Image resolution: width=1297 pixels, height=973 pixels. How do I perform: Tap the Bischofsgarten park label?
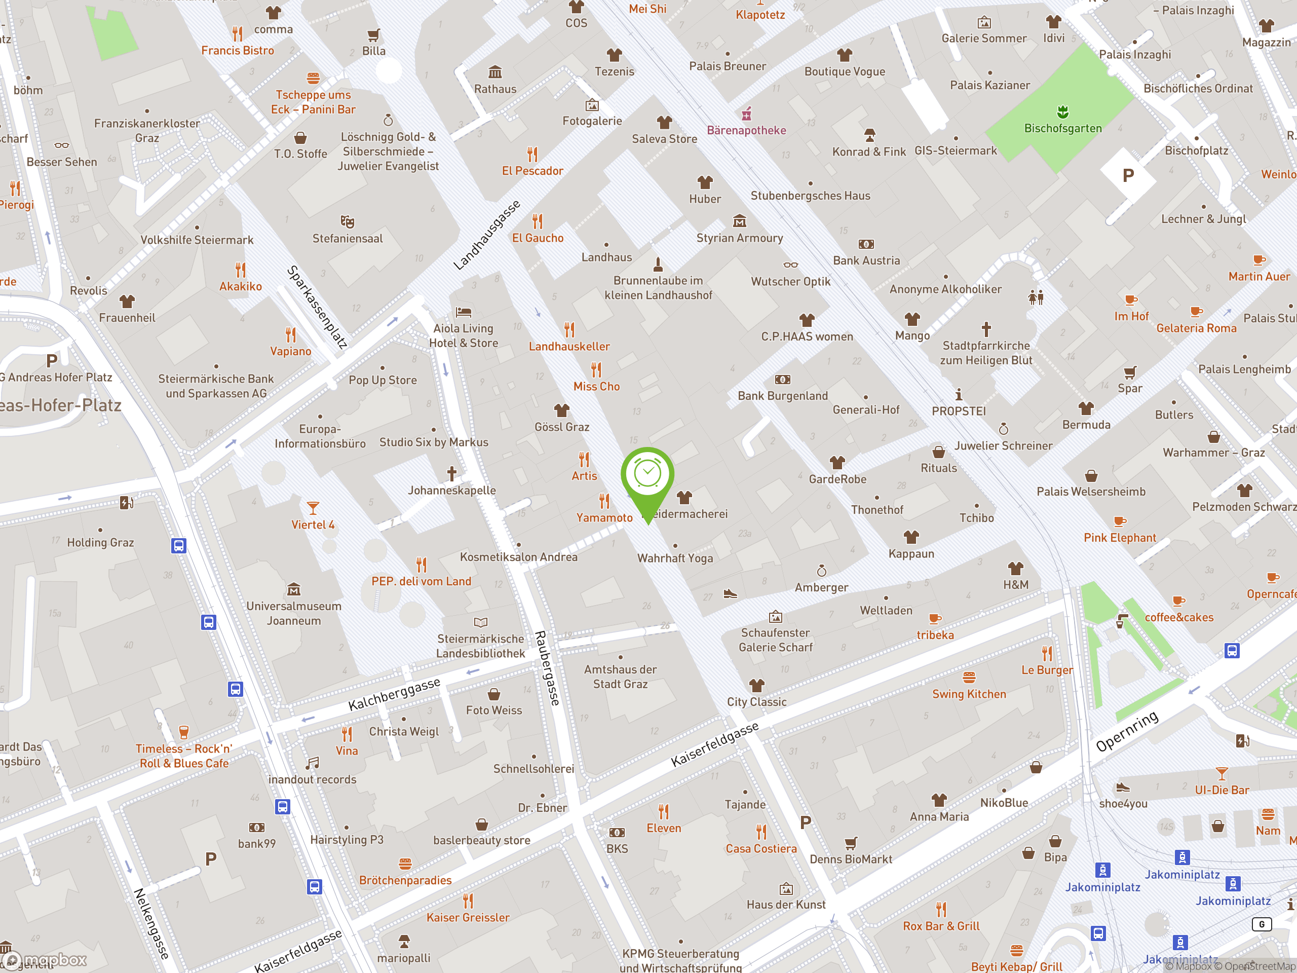click(1062, 128)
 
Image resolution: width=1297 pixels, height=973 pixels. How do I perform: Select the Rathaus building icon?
click(495, 72)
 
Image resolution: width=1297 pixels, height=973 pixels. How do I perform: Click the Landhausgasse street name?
click(487, 235)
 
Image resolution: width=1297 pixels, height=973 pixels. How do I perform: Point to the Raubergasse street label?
click(548, 668)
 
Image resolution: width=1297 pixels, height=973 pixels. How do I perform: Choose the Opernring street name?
click(1127, 731)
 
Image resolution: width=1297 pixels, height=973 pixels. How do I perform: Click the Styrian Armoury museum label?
click(739, 238)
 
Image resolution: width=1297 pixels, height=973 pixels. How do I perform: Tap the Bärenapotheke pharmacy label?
click(746, 130)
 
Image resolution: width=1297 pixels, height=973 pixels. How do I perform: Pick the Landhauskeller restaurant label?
click(569, 347)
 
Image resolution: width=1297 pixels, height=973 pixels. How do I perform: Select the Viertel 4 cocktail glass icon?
click(313, 508)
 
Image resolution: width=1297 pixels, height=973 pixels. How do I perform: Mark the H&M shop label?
click(1015, 585)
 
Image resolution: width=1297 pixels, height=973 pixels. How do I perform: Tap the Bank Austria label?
click(866, 260)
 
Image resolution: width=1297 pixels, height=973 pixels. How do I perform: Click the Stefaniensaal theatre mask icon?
click(347, 221)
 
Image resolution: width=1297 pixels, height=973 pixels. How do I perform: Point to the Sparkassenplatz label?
click(317, 307)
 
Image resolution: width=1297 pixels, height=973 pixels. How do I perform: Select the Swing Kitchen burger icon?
click(969, 678)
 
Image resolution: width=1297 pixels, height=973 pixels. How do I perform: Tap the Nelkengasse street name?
click(151, 923)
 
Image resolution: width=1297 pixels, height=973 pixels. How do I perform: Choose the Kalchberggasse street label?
click(394, 694)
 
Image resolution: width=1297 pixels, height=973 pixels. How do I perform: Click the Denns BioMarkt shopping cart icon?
click(850, 843)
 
